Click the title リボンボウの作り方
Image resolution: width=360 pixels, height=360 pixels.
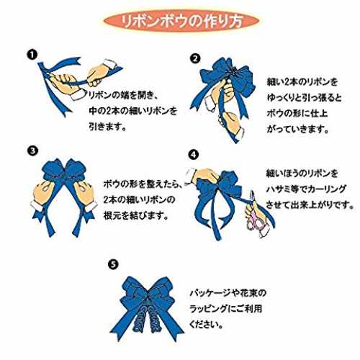point(181,22)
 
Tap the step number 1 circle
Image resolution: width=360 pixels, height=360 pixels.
point(32,55)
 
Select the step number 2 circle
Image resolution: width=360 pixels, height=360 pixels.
point(195,58)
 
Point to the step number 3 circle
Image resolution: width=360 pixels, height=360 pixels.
point(32,150)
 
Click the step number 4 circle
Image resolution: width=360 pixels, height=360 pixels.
point(194,155)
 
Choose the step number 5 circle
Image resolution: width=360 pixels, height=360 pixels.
point(113,264)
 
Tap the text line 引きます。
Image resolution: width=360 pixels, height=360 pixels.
point(107,127)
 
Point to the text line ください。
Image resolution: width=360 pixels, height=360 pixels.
point(206,325)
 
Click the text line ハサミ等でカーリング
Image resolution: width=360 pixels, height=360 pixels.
point(306,189)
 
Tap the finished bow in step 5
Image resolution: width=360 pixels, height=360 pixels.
point(147,307)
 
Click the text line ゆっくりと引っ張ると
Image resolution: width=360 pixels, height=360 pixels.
point(305,97)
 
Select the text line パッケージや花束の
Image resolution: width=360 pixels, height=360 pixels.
point(228,293)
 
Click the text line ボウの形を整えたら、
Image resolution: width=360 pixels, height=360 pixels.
point(143,184)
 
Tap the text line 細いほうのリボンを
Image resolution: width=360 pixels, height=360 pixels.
point(302,174)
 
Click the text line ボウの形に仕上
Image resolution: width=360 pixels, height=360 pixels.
point(297,113)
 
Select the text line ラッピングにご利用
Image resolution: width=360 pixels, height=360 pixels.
point(225,309)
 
